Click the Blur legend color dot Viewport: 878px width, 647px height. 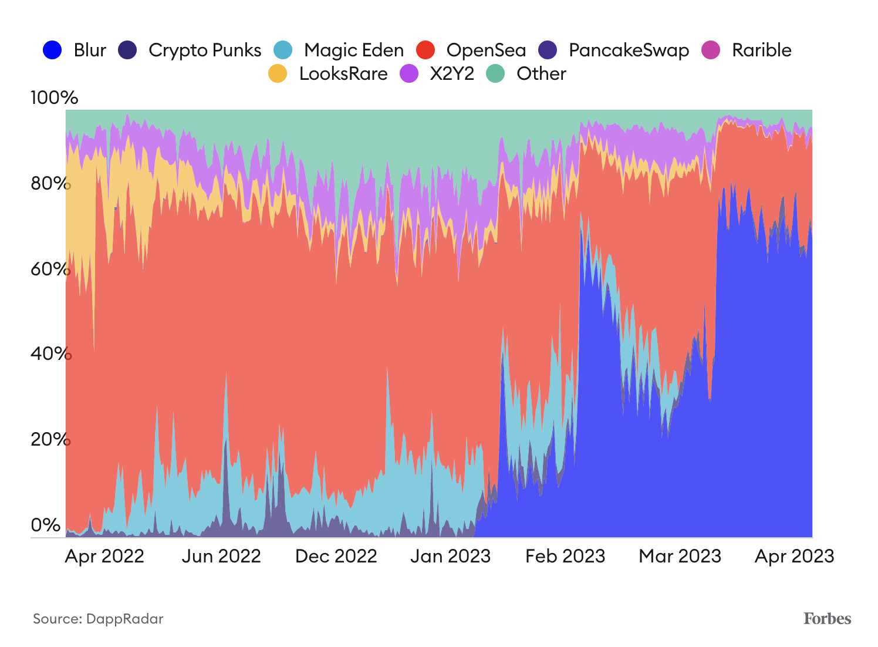(x=52, y=50)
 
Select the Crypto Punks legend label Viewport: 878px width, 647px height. (x=204, y=50)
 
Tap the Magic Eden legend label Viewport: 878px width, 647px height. (x=353, y=50)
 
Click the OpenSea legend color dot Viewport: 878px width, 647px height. (x=425, y=50)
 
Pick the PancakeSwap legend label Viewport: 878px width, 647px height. (x=628, y=50)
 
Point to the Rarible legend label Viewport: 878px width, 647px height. (x=761, y=50)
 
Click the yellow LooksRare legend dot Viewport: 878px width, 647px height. (x=278, y=74)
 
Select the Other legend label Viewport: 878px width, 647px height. (x=541, y=74)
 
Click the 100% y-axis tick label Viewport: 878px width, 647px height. (x=54, y=97)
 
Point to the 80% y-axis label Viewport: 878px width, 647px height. (x=49, y=183)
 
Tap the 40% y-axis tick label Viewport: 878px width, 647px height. (x=50, y=354)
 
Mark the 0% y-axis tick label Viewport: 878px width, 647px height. (x=45, y=524)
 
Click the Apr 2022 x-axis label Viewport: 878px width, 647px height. (x=104, y=556)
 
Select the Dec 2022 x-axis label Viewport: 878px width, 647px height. (x=336, y=556)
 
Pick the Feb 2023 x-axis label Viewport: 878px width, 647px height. (x=565, y=556)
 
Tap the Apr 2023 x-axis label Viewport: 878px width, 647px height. (x=794, y=556)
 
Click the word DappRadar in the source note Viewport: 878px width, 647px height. (x=124, y=619)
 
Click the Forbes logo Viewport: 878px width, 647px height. (x=827, y=618)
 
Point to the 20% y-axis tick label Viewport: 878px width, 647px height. (x=50, y=439)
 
